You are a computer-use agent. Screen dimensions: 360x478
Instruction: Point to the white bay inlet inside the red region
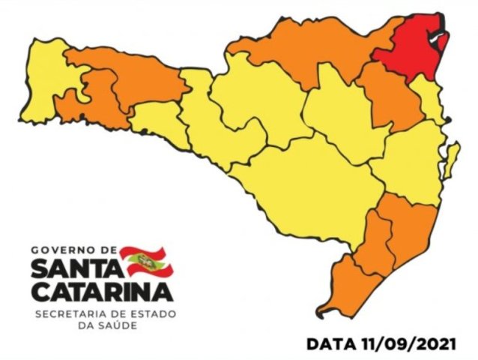(433, 30)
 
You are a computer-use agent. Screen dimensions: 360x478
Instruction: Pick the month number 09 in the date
(397, 344)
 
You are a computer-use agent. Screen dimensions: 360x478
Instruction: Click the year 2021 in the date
(434, 344)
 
